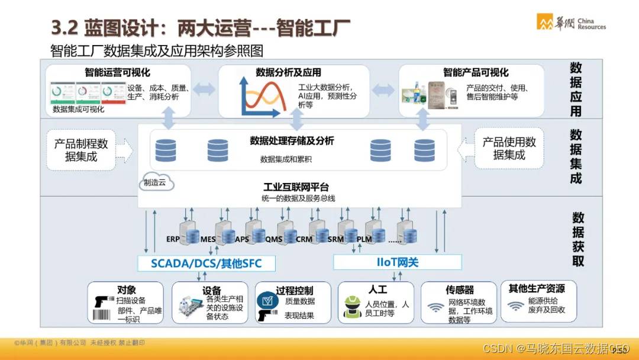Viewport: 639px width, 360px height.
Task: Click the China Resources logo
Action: point(571,22)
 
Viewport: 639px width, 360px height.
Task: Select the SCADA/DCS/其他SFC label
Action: point(205,262)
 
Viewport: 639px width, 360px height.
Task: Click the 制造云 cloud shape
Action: point(155,183)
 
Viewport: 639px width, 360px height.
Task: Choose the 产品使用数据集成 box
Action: point(509,148)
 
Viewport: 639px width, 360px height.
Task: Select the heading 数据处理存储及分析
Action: point(292,141)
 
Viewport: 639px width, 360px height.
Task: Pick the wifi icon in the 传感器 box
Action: point(436,308)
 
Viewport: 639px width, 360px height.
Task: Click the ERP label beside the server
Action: point(173,239)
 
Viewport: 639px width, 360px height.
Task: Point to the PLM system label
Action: point(364,239)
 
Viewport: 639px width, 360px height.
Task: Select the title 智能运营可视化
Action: point(117,73)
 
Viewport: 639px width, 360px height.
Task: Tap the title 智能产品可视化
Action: point(476,72)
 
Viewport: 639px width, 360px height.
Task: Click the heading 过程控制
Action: point(295,291)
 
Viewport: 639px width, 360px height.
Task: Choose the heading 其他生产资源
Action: point(537,289)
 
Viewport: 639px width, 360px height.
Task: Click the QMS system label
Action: point(274,239)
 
